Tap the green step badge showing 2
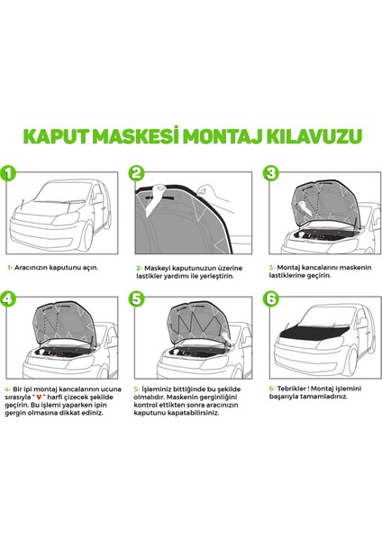[137, 174]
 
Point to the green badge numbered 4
[11, 298]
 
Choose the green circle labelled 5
[137, 298]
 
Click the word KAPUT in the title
[56, 136]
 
